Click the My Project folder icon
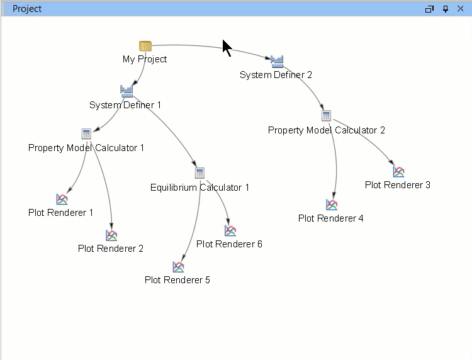pyautogui.click(x=145, y=46)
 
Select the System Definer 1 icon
pyautogui.click(x=127, y=91)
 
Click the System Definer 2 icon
pyautogui.click(x=277, y=61)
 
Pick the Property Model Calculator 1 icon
pyautogui.click(x=87, y=133)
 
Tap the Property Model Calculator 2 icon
pyautogui.click(x=326, y=116)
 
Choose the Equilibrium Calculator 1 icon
pyautogui.click(x=200, y=173)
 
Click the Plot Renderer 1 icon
pyautogui.click(x=62, y=199)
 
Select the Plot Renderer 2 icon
pyautogui.click(x=111, y=235)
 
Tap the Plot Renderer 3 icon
pyautogui.click(x=398, y=171)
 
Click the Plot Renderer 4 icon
pyautogui.click(x=332, y=205)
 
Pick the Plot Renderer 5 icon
pyautogui.click(x=178, y=267)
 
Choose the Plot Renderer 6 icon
pyautogui.click(x=230, y=231)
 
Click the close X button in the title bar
pyautogui.click(x=460, y=9)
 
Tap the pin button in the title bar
pyautogui.click(x=446, y=9)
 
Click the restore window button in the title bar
pyautogui.click(x=430, y=9)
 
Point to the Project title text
pyautogui.click(x=27, y=9)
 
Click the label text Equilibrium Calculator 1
pyautogui.click(x=200, y=188)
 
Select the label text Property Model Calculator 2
pyautogui.click(x=326, y=130)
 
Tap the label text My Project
pyautogui.click(x=145, y=59)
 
